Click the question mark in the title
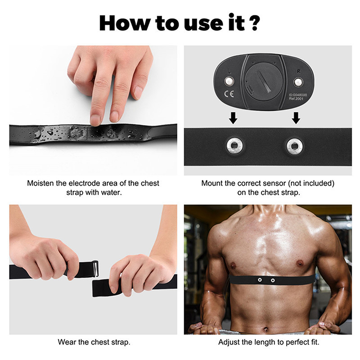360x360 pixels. [x=255, y=23]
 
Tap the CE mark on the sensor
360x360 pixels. [x=229, y=94]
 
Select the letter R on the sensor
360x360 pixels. [x=298, y=72]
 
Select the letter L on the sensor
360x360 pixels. [x=229, y=72]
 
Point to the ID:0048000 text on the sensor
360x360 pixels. [x=298, y=95]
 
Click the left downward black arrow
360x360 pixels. [x=233, y=118]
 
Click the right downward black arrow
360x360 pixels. [x=296, y=118]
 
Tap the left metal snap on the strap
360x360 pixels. [x=234, y=145]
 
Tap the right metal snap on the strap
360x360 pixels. [x=295, y=146]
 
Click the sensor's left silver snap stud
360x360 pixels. [x=229, y=81]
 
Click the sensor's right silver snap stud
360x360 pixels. [x=298, y=82]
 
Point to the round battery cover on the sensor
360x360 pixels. [x=263, y=81]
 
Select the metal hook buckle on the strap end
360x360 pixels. [x=96, y=268]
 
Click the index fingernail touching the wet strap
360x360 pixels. [x=95, y=120]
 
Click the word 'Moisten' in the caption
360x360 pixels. [x=40, y=183]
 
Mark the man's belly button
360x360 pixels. [x=266, y=330]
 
